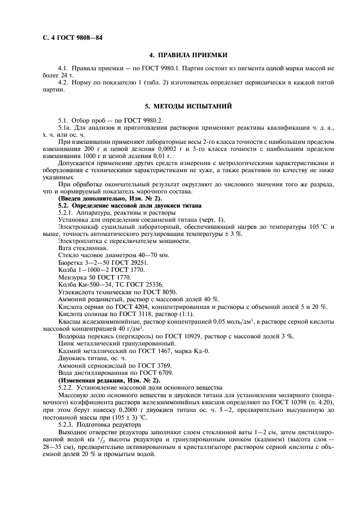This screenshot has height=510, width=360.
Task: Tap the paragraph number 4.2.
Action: [x=64, y=82]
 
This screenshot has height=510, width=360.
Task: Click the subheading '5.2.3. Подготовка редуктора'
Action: [x=100, y=423]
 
